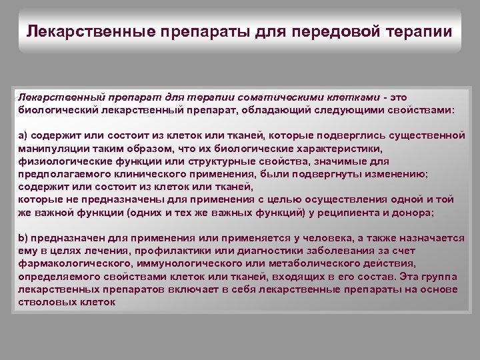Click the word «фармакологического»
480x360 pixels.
tap(72, 263)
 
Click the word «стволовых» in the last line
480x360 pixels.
tap(44, 302)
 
